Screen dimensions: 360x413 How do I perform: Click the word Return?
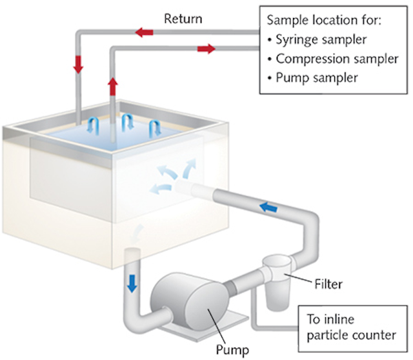coord(183,19)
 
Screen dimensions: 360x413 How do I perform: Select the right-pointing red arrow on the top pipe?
coord(206,49)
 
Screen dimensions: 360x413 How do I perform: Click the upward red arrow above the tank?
coord(114,85)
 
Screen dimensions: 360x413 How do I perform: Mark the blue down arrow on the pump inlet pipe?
coord(132,283)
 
